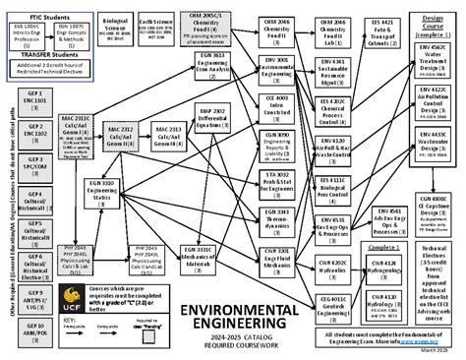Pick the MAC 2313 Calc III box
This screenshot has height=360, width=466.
pos(170,136)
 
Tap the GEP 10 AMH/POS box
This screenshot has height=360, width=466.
pos(33,331)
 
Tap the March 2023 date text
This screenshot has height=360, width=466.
pos(437,351)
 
